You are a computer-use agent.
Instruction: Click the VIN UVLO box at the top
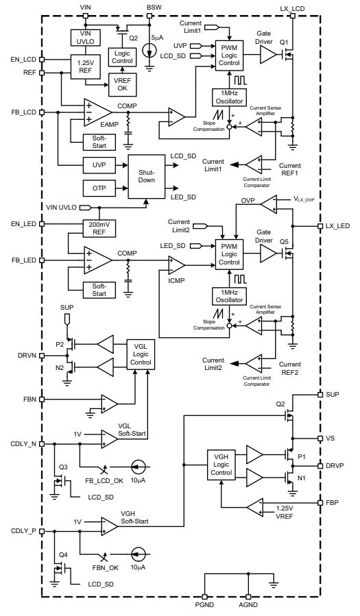click(86, 37)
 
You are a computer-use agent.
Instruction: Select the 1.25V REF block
click(86, 66)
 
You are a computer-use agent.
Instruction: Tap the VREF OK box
click(122, 84)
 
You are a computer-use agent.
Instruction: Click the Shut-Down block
click(146, 176)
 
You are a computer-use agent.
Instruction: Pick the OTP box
click(99, 188)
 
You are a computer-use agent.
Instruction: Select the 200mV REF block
click(99, 228)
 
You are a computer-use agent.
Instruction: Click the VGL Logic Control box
click(141, 354)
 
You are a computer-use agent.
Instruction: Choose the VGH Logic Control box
click(221, 465)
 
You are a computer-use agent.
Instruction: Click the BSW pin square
click(149, 16)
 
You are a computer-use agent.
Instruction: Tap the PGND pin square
click(204, 596)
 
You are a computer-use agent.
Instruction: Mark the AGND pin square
click(248, 596)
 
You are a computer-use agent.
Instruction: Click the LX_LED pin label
click(337, 226)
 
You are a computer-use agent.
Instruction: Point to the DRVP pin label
click(335, 465)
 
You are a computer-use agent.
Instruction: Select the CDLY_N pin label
click(23, 444)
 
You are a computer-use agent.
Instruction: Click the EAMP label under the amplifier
click(109, 125)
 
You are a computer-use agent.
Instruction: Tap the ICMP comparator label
click(176, 281)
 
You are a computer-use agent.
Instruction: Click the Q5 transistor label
click(284, 242)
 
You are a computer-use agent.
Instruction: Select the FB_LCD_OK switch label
click(104, 480)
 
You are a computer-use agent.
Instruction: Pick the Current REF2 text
click(290, 368)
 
